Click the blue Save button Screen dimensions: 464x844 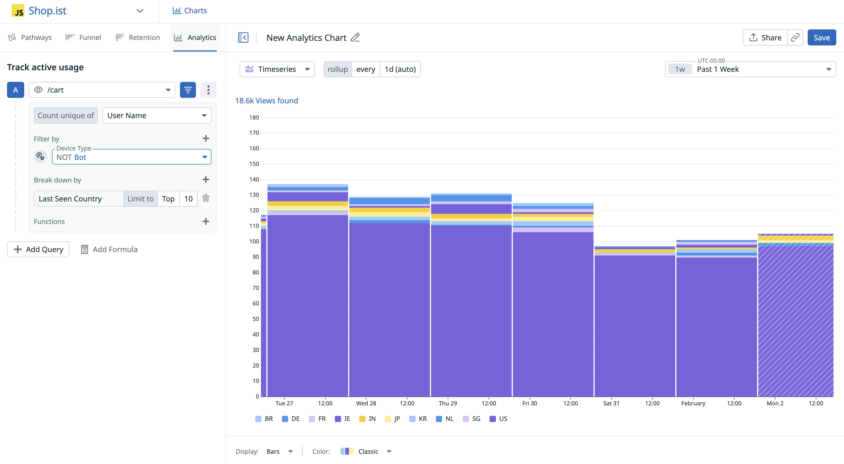pyautogui.click(x=821, y=38)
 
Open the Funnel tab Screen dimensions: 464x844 pyautogui.click(x=83, y=37)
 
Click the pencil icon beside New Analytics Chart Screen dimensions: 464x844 pyautogui.click(x=355, y=38)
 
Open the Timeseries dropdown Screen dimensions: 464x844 pyautogui.click(x=277, y=69)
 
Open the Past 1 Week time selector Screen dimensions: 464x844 pyautogui.click(x=750, y=69)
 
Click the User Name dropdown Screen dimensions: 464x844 pyautogui.click(x=157, y=115)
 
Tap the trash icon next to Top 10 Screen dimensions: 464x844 pyautogui.click(x=206, y=198)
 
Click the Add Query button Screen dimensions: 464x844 pyautogui.click(x=38, y=249)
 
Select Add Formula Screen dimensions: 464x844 pyautogui.click(x=109, y=249)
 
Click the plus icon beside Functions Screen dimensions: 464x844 pyautogui.click(x=206, y=222)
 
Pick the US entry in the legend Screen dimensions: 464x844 pyautogui.click(x=498, y=419)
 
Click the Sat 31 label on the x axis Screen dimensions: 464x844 pyautogui.click(x=611, y=403)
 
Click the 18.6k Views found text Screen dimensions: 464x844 pyautogui.click(x=266, y=101)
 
